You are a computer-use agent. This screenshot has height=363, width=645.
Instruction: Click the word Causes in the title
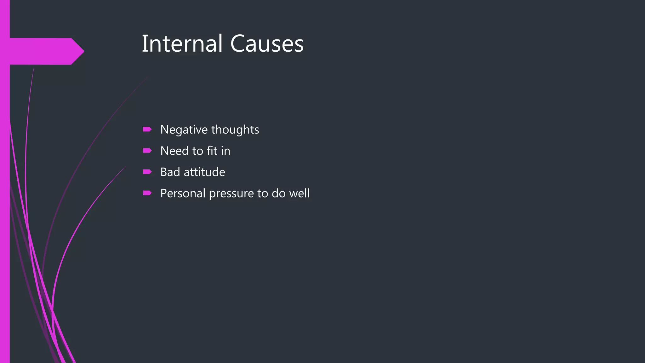coord(267,43)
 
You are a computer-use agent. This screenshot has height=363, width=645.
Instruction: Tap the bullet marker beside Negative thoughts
coord(147,129)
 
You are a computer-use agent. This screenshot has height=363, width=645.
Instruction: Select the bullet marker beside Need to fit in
coord(147,151)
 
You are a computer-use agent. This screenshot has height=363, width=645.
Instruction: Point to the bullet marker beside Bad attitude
coord(147,172)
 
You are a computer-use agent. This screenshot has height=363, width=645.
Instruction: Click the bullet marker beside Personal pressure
coord(147,193)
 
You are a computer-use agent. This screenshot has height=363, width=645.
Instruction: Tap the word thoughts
coord(235,130)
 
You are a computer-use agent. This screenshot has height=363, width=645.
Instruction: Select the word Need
coord(174,151)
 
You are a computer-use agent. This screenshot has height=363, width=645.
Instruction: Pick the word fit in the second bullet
coord(212,151)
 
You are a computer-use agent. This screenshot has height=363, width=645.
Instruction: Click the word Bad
coord(170,172)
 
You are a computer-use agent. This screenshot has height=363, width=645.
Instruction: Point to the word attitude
coord(204,172)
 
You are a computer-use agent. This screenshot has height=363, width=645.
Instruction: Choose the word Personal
coord(183,193)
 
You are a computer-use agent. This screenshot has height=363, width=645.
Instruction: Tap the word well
coord(300,193)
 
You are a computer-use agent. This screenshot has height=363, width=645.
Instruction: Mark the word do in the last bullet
coord(278,193)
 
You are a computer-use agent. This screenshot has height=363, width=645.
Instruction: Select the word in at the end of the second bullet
coord(225,151)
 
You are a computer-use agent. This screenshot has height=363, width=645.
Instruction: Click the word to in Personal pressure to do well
coord(262,193)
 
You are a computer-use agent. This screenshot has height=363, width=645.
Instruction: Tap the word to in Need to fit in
coord(198,151)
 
